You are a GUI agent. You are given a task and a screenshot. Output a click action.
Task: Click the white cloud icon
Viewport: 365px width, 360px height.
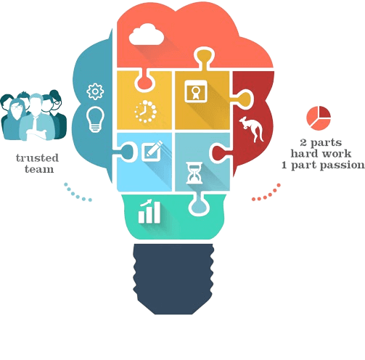[x=146, y=35]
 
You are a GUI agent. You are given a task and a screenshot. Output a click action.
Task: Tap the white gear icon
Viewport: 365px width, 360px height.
[x=95, y=91]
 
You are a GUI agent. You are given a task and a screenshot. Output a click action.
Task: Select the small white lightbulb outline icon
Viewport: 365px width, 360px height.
[x=95, y=119]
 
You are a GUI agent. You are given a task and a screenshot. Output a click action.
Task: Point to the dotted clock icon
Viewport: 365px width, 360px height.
[x=145, y=112]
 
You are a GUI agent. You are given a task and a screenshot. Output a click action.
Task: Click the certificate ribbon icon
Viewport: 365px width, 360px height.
[x=196, y=91]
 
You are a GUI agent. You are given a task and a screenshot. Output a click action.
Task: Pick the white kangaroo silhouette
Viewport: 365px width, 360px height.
[x=252, y=129]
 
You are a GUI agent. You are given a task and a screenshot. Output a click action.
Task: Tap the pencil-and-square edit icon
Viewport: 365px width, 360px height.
[x=152, y=151]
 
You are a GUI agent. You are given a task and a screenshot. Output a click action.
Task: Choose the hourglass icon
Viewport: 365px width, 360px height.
[x=194, y=173]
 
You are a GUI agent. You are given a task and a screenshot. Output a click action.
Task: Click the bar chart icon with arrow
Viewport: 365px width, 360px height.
[x=149, y=211]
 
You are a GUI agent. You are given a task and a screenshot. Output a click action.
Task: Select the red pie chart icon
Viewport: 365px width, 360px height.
[x=319, y=118]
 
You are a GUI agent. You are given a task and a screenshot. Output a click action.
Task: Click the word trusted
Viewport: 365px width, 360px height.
[x=37, y=158]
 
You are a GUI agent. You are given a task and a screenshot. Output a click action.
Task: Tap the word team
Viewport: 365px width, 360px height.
[x=39, y=169]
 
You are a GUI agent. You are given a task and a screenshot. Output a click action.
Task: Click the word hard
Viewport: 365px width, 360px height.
[x=303, y=153]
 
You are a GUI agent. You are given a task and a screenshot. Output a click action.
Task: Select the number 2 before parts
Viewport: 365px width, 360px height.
[x=303, y=142]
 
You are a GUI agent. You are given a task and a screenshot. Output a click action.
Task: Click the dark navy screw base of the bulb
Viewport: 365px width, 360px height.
[x=173, y=279]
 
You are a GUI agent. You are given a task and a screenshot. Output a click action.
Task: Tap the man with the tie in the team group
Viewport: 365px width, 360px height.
[x=36, y=118]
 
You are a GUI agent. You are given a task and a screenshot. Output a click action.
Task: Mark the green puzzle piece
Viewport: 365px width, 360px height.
[x=174, y=216]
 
